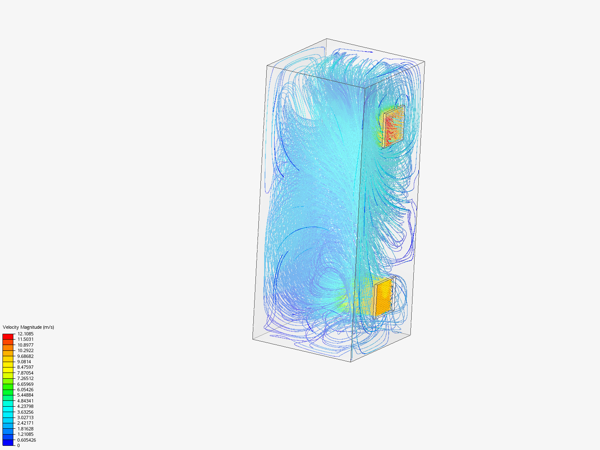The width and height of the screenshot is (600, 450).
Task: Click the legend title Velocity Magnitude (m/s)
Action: [28, 327]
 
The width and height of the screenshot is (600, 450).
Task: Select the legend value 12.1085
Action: [25, 334]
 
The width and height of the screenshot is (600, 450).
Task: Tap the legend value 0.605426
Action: [26, 440]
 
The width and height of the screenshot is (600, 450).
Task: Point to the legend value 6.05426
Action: [25, 390]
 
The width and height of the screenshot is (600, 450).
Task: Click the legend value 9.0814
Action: [24, 362]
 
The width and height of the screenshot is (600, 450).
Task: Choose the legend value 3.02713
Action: [25, 417]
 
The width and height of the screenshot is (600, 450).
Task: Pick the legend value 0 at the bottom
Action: [18, 445]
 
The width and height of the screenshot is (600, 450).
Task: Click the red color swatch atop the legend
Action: [8, 336]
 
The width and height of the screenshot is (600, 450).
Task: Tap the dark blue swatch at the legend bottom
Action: [8, 442]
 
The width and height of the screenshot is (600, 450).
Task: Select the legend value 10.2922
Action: [25, 350]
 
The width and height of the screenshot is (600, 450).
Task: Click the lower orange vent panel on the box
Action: [383, 297]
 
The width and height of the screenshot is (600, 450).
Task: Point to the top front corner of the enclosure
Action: [365, 88]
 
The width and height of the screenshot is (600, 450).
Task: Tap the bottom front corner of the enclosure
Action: [351, 362]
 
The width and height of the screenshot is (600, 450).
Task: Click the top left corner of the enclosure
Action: [267, 65]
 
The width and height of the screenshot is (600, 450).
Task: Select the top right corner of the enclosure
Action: [425, 62]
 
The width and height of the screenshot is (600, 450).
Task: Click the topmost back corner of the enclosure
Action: [327, 39]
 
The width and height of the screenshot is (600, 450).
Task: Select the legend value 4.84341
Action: [25, 401]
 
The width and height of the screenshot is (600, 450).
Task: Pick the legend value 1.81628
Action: [25, 429]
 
